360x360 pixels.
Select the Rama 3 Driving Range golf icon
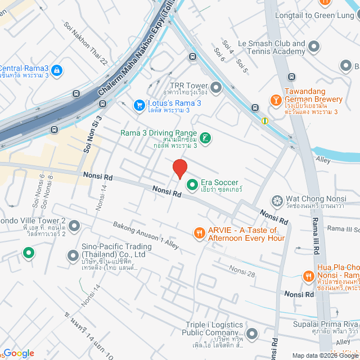point(206,138)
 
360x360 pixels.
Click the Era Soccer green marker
point(192,184)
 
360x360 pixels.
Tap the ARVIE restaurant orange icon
point(199,232)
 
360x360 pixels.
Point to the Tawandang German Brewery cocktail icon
point(276,100)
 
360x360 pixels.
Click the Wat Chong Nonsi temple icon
point(277,200)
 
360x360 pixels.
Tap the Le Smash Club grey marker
point(314,46)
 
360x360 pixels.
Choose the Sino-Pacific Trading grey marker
point(73,256)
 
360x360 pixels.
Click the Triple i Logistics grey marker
point(251,334)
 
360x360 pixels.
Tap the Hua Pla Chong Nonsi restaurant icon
point(308,276)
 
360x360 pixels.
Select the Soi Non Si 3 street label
point(91,135)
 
